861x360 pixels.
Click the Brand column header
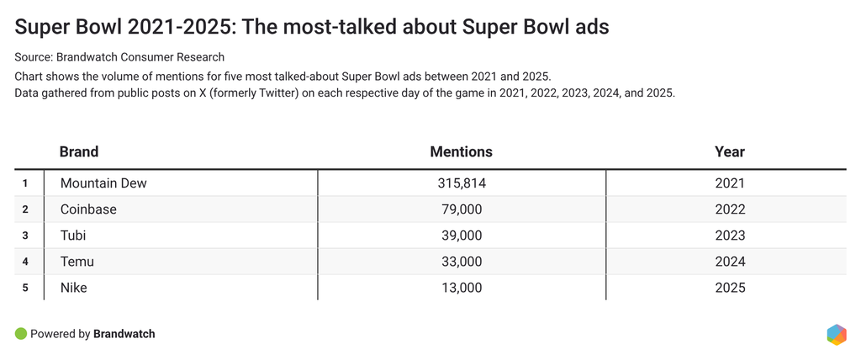click(x=79, y=152)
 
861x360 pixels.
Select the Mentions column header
click(x=461, y=152)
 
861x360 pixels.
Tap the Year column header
click(x=729, y=152)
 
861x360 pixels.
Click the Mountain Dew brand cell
click(x=103, y=183)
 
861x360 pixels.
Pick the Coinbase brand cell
click(x=88, y=209)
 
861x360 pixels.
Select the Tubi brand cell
click(x=73, y=236)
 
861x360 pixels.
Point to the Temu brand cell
click(x=77, y=262)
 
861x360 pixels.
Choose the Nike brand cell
click(x=74, y=288)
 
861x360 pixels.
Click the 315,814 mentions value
click(x=461, y=183)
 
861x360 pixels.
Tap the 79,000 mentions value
click(x=461, y=209)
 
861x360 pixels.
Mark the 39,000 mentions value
click(x=461, y=236)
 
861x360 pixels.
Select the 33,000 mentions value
click(x=461, y=262)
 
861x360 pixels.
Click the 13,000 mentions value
click(x=461, y=288)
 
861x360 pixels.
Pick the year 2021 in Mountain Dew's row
click(x=729, y=183)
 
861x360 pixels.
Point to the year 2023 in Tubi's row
click(x=729, y=236)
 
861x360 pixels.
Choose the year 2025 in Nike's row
click(x=729, y=288)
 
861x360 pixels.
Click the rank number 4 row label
click(x=25, y=262)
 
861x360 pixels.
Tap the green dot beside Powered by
click(x=21, y=334)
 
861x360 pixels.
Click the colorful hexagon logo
click(x=836, y=334)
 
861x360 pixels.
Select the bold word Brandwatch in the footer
click(x=124, y=334)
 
